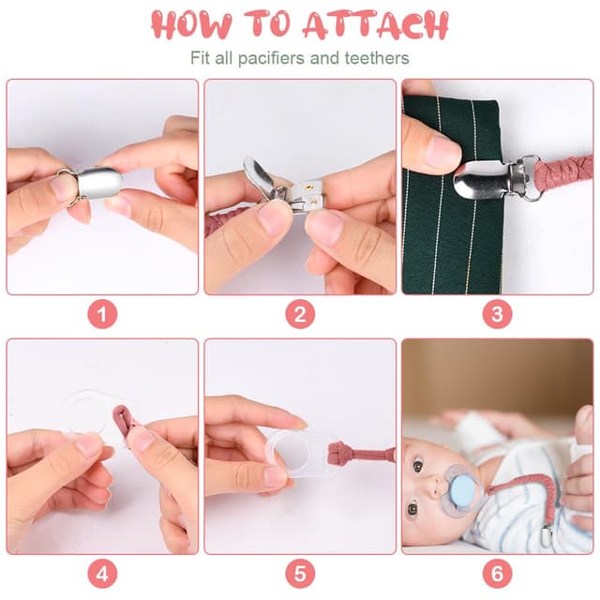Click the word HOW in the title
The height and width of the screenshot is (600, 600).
[192, 24]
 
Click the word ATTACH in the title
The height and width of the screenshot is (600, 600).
[376, 24]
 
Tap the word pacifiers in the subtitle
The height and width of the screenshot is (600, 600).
[272, 58]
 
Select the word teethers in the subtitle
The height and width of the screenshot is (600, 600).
[377, 58]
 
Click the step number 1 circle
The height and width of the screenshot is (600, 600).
[102, 314]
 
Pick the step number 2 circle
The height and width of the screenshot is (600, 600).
[300, 314]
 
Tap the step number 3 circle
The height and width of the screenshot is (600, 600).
[497, 314]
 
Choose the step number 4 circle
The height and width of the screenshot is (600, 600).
[102, 574]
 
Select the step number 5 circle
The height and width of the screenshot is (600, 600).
[300, 574]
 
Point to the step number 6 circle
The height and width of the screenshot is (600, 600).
[497, 574]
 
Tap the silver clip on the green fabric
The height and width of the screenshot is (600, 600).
[494, 177]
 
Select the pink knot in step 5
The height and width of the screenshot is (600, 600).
[337, 452]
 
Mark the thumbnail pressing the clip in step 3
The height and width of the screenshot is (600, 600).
[443, 149]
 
